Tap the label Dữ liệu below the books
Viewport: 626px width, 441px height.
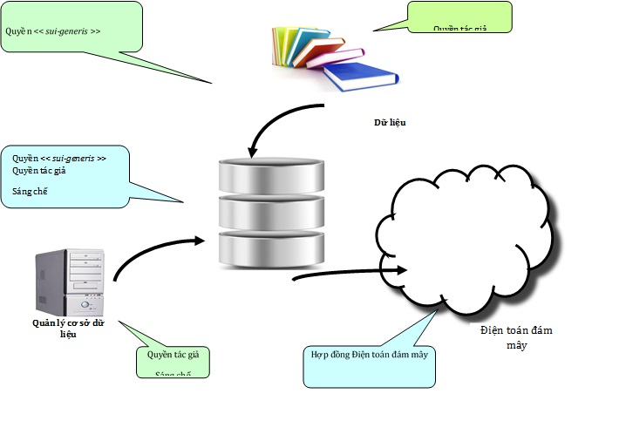(390, 123)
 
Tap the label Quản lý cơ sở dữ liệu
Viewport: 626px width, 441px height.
(68, 327)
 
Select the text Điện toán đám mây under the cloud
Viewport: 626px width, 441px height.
(516, 337)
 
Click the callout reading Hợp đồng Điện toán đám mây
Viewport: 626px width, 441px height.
(369, 356)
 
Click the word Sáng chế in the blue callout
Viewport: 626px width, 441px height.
(29, 191)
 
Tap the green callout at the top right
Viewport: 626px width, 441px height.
(459, 17)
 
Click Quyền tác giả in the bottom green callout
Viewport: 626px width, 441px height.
(174, 355)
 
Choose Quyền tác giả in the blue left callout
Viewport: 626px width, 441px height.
(39, 171)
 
